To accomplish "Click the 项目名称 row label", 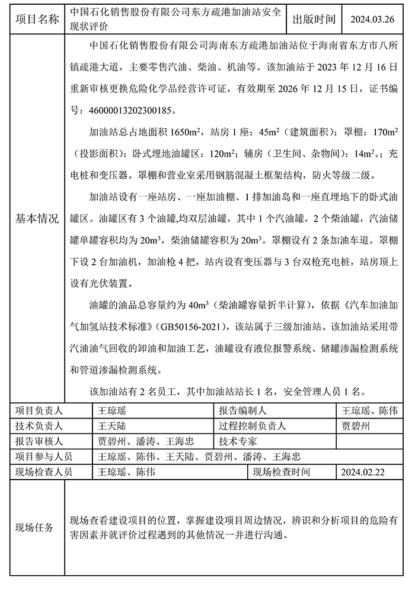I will [x=37, y=20].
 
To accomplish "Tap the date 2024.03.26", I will [x=372, y=20].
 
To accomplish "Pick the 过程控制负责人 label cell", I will [x=253, y=426].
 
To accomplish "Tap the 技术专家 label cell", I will [x=238, y=442].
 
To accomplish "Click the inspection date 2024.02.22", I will [x=363, y=472].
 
